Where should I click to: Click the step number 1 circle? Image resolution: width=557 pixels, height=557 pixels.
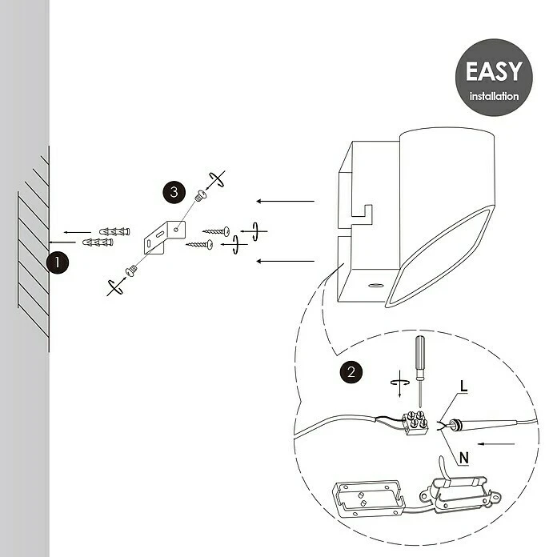click(57, 262)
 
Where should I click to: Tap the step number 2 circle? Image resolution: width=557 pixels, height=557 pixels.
click(351, 372)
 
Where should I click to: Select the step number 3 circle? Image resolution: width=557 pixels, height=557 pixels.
click(174, 192)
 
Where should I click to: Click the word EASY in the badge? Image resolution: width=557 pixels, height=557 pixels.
click(494, 71)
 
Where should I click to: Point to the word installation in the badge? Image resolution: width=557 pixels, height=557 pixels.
click(494, 96)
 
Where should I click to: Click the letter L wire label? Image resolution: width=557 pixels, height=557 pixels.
click(463, 386)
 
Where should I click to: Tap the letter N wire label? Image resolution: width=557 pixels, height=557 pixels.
click(464, 458)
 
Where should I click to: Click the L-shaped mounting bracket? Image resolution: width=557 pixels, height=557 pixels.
click(165, 237)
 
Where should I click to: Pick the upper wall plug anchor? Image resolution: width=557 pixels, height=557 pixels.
click(114, 231)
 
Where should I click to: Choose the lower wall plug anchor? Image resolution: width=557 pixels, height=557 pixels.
click(98, 242)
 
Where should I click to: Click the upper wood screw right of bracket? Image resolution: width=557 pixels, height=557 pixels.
click(216, 231)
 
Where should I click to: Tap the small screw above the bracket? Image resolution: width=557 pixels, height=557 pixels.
click(201, 195)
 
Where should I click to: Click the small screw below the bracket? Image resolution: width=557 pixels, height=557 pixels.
click(131, 271)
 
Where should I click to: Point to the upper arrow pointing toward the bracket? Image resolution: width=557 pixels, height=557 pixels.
click(285, 201)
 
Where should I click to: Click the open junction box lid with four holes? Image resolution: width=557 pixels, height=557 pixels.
click(369, 499)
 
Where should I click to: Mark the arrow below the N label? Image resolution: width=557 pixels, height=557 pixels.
click(496, 444)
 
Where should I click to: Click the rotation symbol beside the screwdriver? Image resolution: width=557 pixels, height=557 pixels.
click(400, 383)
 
